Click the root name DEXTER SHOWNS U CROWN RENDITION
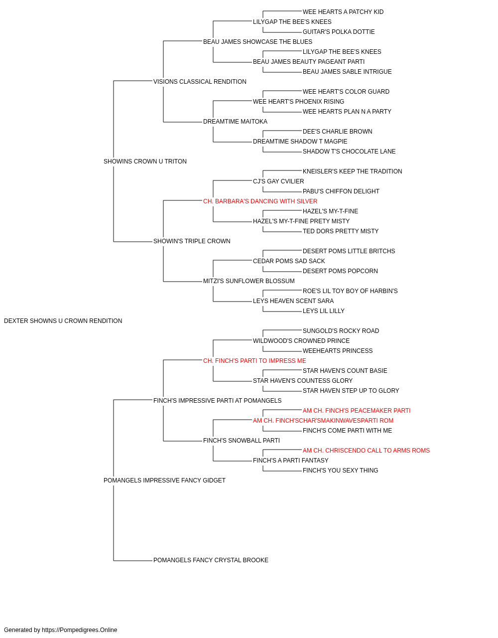63,321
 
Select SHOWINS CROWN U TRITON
145,161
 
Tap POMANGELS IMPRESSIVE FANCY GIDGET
164,480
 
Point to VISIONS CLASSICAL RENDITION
200,82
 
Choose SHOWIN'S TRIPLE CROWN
192,241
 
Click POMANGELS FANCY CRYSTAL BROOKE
211,560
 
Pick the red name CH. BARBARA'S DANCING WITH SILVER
260,201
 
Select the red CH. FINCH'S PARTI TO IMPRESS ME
254,361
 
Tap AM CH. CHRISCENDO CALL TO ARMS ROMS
366,451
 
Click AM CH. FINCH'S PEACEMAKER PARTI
357,410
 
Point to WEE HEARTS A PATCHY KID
343,12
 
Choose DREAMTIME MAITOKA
235,122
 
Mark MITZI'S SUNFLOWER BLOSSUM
249,281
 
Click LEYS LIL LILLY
324,311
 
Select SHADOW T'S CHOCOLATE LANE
349,152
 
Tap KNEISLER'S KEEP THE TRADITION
352,171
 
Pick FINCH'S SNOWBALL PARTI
242,441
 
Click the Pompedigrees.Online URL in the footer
79,630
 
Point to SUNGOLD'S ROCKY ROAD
341,331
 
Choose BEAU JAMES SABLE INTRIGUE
347,72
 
